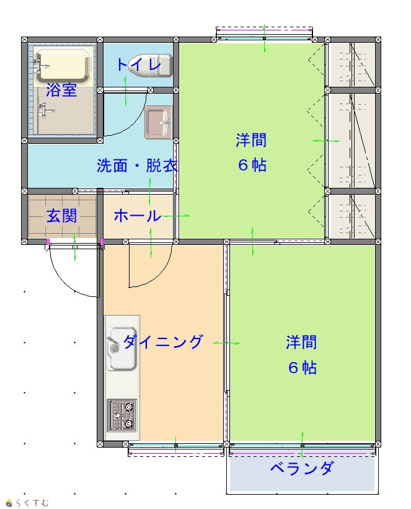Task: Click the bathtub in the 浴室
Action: click(x=63, y=66)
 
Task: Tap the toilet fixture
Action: click(x=151, y=66)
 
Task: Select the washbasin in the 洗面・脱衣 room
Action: click(x=158, y=122)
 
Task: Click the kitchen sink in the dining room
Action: click(x=122, y=348)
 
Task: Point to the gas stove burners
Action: click(x=122, y=415)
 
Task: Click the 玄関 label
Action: click(x=62, y=216)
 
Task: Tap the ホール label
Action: click(x=138, y=216)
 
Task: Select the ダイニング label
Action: click(x=163, y=342)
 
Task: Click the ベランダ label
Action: click(x=302, y=468)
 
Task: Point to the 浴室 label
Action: click(x=61, y=90)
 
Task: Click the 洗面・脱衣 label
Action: click(x=138, y=166)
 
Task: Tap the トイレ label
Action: click(x=139, y=64)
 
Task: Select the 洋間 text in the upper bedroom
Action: click(x=251, y=140)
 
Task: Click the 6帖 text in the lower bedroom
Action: click(x=303, y=368)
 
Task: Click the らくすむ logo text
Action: click(x=32, y=503)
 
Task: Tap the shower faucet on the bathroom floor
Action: click(x=45, y=111)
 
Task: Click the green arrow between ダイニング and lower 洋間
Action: click(x=226, y=343)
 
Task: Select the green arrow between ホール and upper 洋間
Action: click(x=175, y=216)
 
